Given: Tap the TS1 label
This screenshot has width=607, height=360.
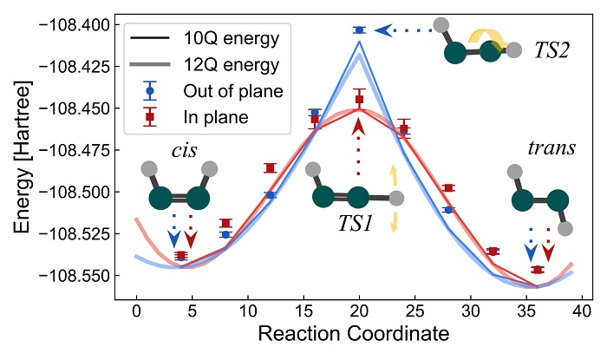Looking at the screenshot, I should (356, 222).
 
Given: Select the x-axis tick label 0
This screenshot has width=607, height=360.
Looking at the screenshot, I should (136, 311).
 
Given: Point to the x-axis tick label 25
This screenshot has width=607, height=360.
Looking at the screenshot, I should (414, 311).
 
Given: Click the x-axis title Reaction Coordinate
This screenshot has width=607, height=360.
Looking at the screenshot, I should (358, 334).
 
